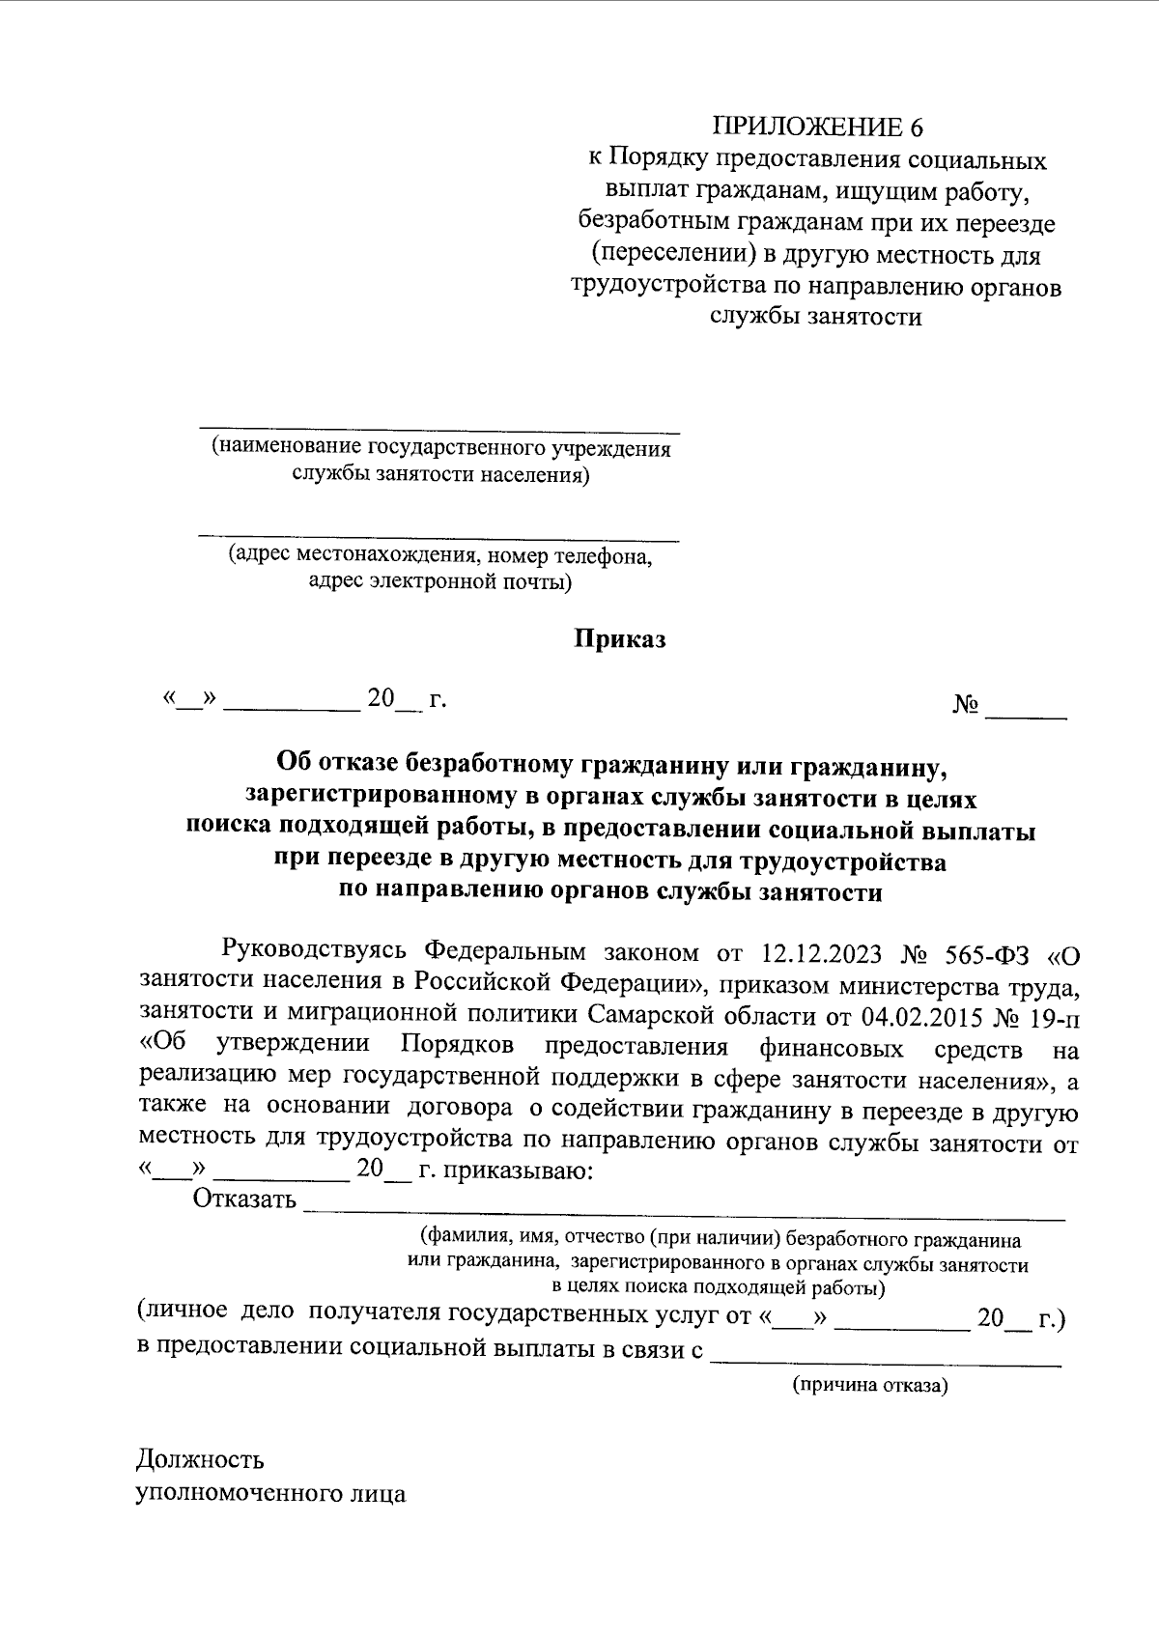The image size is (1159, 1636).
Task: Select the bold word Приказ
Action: pos(621,639)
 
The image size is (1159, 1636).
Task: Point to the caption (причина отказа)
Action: pos(870,1386)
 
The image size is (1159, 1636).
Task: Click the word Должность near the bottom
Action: pos(200,1459)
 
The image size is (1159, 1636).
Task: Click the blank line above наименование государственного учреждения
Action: pos(439,426)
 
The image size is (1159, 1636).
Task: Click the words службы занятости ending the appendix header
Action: pos(816,317)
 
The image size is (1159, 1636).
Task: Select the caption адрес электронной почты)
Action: pos(439,581)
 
